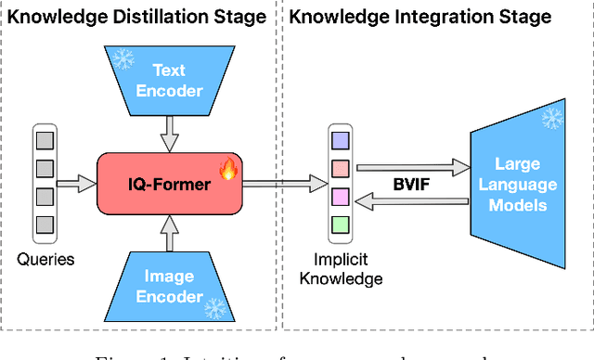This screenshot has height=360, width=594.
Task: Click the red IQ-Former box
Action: [x=169, y=184]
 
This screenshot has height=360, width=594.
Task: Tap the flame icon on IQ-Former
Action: [x=226, y=169]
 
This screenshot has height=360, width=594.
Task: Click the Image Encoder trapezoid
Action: [x=169, y=285]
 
